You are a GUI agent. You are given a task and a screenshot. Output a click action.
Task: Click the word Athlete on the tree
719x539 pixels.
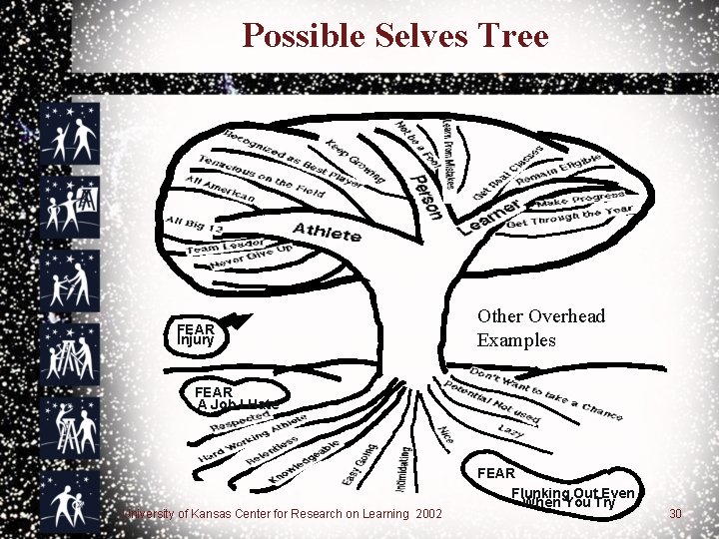click(327, 233)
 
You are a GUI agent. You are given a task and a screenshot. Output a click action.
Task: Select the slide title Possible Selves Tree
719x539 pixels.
click(395, 37)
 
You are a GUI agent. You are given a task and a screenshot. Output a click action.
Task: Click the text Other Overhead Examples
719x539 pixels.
click(541, 327)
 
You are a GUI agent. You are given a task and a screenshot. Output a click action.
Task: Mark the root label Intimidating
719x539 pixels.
click(403, 470)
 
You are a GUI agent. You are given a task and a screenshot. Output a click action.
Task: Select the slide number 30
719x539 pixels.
click(675, 514)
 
